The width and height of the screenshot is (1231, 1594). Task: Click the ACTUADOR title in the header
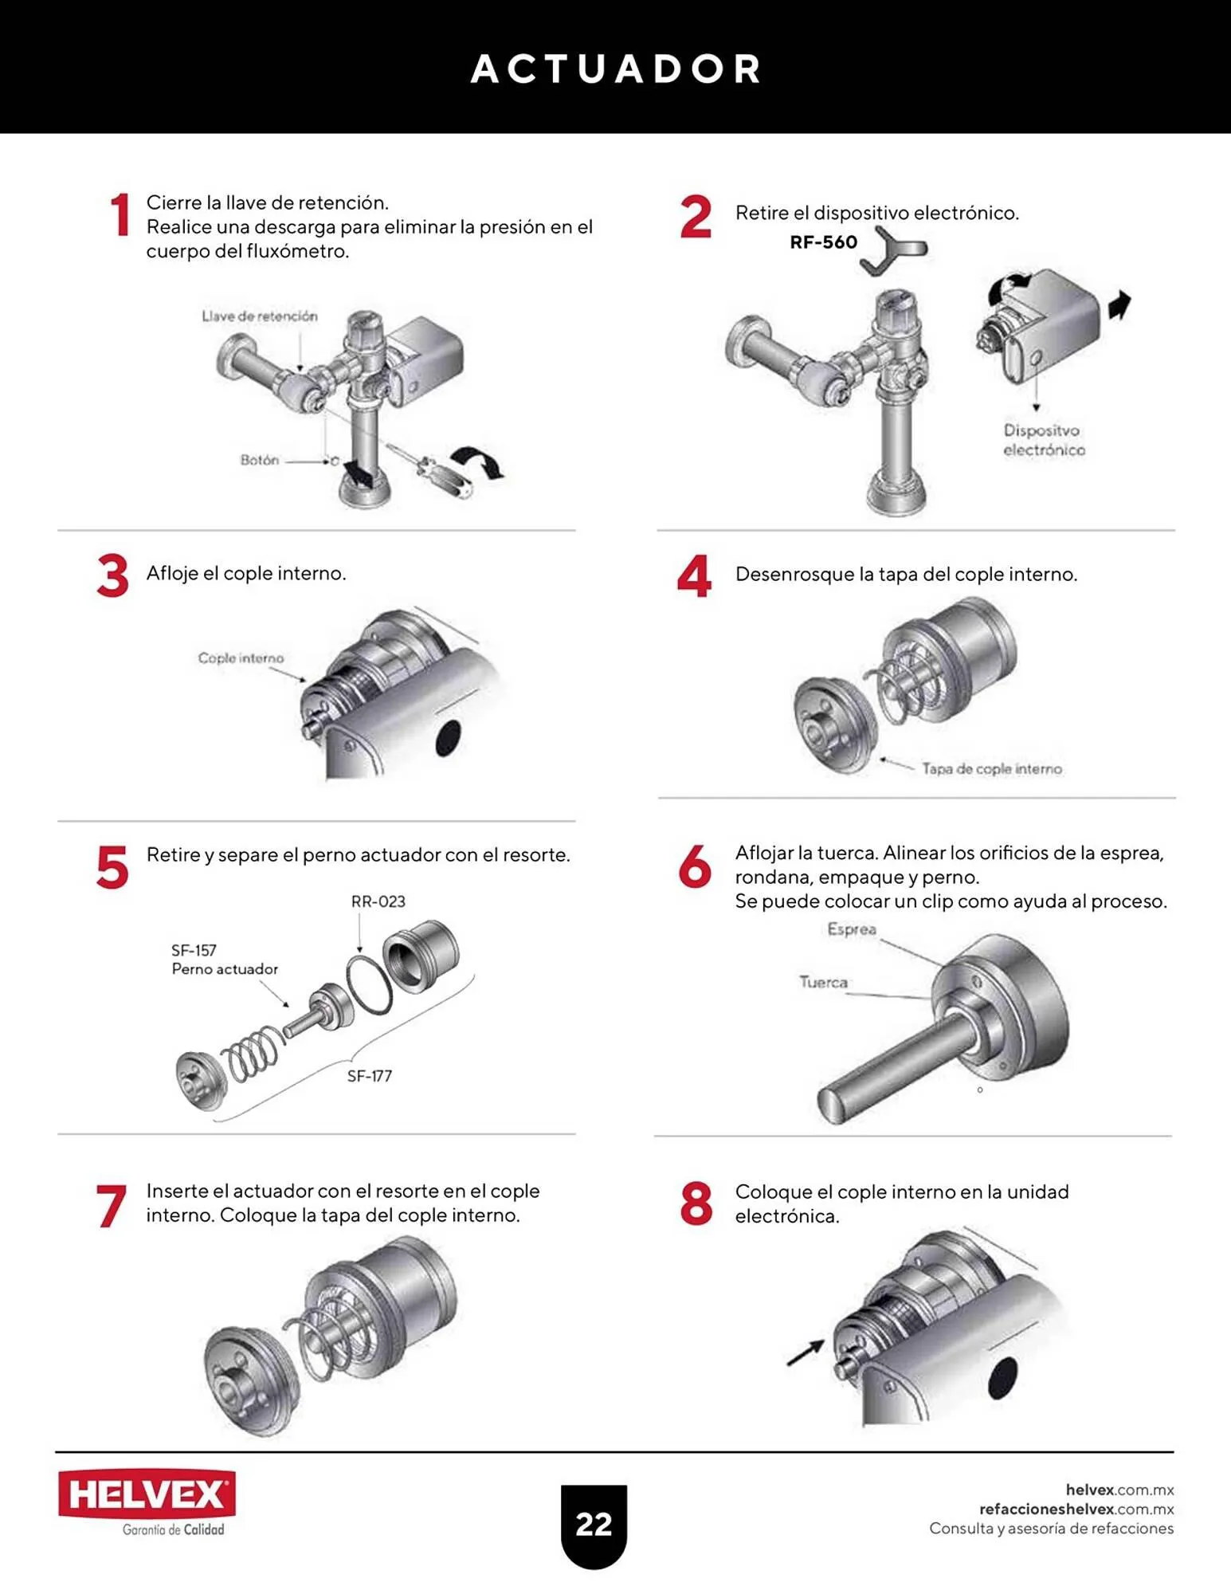615,69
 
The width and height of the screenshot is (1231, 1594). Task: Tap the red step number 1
120,214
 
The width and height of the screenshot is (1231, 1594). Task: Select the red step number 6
695,866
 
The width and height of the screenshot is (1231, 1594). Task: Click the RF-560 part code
823,242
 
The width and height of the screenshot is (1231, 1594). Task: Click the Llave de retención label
259,316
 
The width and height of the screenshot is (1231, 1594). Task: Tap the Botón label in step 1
260,460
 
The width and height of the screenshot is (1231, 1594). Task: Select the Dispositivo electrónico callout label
1043,440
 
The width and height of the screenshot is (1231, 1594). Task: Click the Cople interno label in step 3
241,658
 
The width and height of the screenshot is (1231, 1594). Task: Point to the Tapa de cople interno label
992,768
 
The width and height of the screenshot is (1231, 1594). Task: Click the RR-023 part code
378,901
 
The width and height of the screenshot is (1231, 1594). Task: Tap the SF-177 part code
369,1076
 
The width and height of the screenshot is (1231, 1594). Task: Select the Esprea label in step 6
852,929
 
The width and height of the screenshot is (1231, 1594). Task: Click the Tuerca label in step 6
823,982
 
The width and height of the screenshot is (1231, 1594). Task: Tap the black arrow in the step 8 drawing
806,1353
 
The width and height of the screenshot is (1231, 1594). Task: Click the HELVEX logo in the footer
147,1494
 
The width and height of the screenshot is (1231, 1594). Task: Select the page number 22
594,1525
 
